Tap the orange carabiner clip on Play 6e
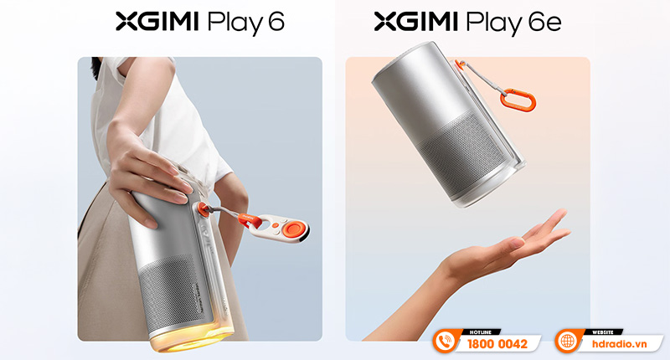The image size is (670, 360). click(x=518, y=99)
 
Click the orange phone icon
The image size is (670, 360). click(x=445, y=342)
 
